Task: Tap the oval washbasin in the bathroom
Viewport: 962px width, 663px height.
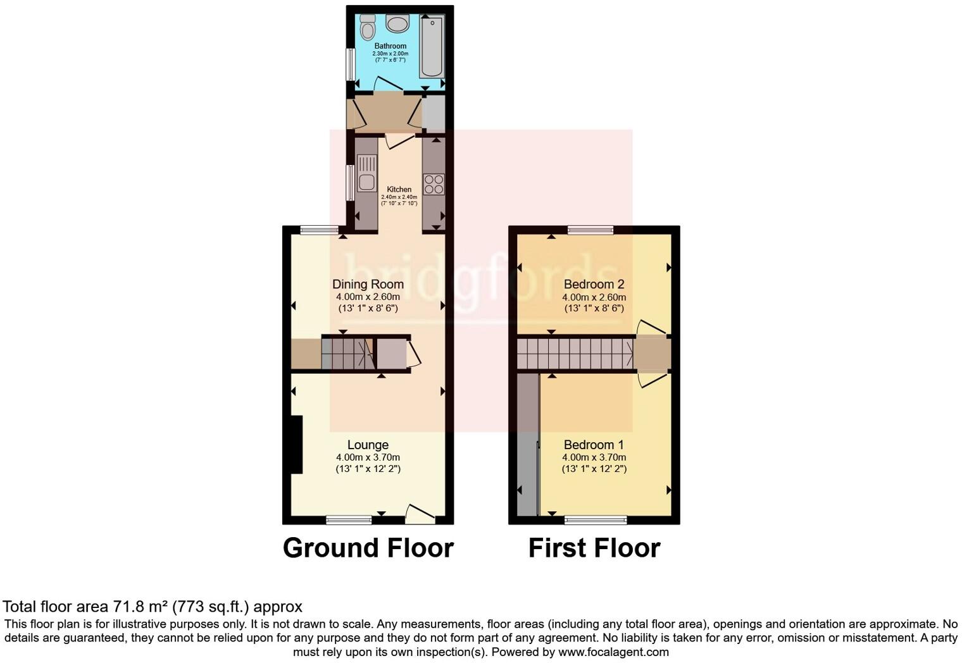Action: point(397,25)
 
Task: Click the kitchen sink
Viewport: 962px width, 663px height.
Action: point(366,173)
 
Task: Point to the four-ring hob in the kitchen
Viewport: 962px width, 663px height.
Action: point(434,184)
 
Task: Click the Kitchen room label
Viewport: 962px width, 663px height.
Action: point(399,189)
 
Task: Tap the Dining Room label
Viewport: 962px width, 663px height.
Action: point(368,284)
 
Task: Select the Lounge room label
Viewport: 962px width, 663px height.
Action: point(368,445)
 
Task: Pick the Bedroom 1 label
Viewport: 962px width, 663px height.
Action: point(594,445)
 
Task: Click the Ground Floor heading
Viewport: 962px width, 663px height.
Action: point(368,548)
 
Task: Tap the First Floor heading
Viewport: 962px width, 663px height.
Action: point(594,548)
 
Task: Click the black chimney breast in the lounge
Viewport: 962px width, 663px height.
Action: point(296,444)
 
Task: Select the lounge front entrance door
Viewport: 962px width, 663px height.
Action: point(420,514)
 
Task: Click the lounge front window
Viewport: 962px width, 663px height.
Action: point(349,520)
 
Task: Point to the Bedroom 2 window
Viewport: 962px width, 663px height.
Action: point(590,230)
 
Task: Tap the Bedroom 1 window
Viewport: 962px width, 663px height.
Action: point(595,520)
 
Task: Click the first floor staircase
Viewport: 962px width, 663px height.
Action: point(575,353)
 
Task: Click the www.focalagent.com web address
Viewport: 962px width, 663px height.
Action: point(613,652)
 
